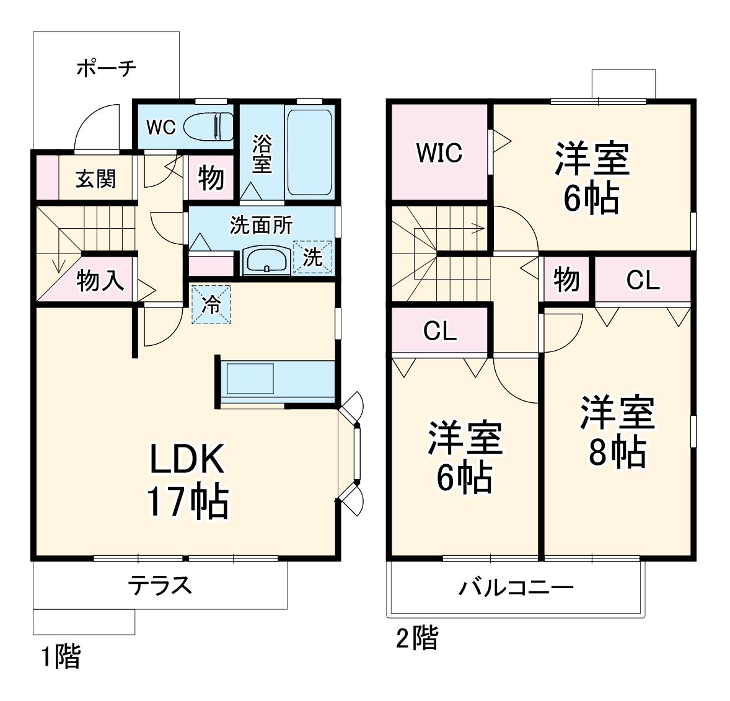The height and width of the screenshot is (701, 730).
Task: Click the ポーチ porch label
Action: coord(106,68)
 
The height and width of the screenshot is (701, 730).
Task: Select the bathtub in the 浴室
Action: coord(309,152)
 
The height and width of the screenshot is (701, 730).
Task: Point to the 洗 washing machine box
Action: coord(312,256)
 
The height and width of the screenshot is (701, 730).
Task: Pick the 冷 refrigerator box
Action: coord(211,304)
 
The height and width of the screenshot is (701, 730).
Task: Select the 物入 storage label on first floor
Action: coord(100,281)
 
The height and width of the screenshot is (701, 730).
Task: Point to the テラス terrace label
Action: coord(159,585)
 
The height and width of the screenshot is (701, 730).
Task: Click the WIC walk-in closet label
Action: coord(439,152)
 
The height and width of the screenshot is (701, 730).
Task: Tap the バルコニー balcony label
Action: coord(516,587)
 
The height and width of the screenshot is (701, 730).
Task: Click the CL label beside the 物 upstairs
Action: coord(643,280)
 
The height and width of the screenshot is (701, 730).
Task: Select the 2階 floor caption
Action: coord(417,638)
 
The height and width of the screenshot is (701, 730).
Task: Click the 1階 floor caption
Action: coord(61,656)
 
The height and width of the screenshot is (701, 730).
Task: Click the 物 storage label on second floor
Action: coord(566,280)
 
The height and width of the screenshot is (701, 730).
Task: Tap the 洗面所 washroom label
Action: coord(261,225)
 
